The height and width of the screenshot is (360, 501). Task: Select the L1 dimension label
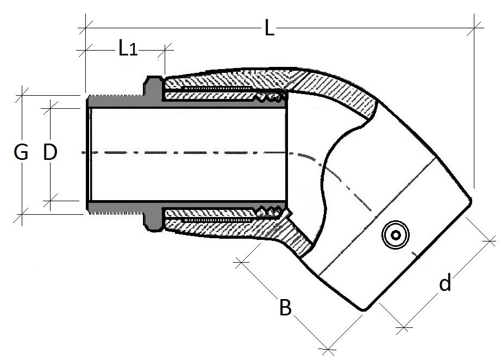(x=127, y=49)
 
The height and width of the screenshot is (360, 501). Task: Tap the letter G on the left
(x=21, y=153)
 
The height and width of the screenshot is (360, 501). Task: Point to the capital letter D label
(x=49, y=153)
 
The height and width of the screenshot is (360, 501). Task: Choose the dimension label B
(x=286, y=307)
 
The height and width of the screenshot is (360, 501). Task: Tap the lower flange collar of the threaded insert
(x=153, y=220)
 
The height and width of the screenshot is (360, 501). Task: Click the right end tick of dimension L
(x=477, y=25)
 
